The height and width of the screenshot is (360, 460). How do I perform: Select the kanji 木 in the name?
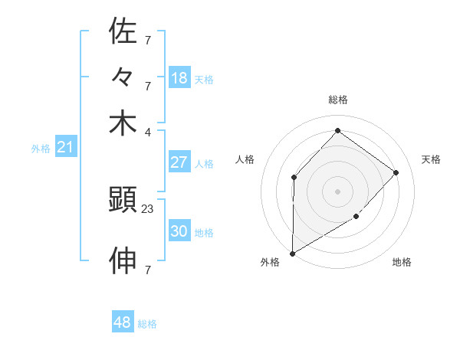[123, 123]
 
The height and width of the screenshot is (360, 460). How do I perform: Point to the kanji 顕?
[123, 201]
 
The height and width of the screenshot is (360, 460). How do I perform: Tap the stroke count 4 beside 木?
[147, 131]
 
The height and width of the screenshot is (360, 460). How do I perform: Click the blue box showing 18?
[179, 78]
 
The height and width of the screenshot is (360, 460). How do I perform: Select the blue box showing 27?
[179, 162]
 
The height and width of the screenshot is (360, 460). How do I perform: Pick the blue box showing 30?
[179, 231]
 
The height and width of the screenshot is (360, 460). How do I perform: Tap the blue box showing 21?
[64, 148]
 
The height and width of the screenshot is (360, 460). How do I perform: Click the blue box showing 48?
[122, 322]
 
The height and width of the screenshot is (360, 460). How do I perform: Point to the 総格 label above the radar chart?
[337, 100]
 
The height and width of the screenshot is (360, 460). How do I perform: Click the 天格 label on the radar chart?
[431, 159]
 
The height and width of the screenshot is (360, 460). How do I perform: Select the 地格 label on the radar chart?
[402, 262]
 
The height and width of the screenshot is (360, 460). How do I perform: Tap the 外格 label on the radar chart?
[270, 262]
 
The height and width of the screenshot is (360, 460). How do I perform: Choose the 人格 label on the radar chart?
[245, 159]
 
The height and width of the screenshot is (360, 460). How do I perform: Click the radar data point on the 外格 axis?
[292, 253]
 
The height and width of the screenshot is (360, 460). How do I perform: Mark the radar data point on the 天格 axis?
[396, 172]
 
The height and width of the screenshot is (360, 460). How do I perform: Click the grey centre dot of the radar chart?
[337, 191]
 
